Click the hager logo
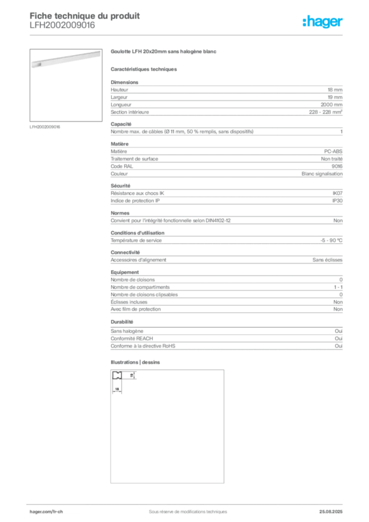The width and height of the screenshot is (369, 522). point(323,21)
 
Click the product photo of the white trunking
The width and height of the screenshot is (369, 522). point(66,59)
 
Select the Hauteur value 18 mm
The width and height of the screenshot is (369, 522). point(335,90)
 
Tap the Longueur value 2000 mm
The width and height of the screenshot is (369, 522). point(331,105)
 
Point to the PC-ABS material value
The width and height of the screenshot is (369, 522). point(333,151)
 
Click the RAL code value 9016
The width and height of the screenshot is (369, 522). point(337,166)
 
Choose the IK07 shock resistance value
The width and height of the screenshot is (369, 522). point(337,193)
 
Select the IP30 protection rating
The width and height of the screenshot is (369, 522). point(337,201)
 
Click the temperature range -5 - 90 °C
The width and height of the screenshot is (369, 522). point(331,241)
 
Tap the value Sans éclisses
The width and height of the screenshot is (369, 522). point(327,259)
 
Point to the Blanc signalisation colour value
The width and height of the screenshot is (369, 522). point(322,174)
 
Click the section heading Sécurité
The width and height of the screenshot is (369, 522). point(120,186)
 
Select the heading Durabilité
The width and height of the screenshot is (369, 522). point(122,322)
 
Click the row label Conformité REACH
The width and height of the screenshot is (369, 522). point(132,338)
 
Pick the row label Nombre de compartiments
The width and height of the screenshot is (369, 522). point(140,287)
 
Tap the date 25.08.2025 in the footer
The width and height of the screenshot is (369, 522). point(331,512)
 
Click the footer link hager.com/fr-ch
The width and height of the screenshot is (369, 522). point(46,512)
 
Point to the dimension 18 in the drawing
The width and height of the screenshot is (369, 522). point(117,389)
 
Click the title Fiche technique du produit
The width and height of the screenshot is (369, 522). point(85,16)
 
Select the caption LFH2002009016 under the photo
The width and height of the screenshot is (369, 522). point(45,127)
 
